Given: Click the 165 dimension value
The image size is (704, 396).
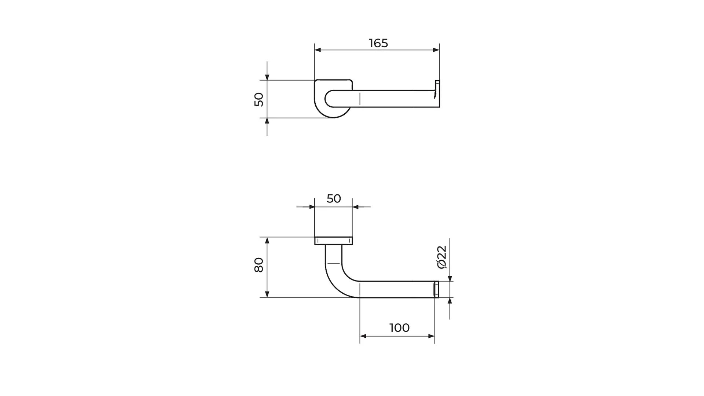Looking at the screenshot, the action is [x=378, y=43].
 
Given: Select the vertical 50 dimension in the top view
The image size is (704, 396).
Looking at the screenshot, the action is [x=259, y=99].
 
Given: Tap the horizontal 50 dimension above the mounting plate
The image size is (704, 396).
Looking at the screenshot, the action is [x=334, y=199].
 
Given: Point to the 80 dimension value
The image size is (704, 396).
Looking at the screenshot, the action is [x=259, y=265].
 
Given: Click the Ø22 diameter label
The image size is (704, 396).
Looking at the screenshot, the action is [x=442, y=257].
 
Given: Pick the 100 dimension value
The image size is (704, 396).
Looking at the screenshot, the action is [x=399, y=328].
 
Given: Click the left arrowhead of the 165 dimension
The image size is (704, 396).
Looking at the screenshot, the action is [x=318, y=50].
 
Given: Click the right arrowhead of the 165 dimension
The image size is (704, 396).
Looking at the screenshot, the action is [x=436, y=50].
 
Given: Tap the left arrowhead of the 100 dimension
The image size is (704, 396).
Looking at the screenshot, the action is [x=363, y=336].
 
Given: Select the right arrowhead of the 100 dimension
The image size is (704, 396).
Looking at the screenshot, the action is [x=431, y=336].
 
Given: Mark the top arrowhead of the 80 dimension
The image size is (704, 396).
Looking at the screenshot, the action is [x=267, y=241].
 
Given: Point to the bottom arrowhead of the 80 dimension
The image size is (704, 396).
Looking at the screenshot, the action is [x=267, y=294].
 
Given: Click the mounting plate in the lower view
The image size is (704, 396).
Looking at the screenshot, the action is [x=334, y=241].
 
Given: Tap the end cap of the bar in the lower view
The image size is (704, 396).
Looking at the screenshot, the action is [x=436, y=289].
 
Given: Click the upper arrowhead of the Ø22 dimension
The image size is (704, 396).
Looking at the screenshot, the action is [x=450, y=278].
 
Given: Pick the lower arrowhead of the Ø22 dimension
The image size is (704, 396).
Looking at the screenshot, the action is [x=450, y=301].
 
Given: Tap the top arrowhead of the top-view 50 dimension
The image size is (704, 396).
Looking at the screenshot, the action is [x=267, y=77].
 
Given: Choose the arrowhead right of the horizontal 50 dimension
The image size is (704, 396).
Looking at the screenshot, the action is [x=356, y=207].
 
